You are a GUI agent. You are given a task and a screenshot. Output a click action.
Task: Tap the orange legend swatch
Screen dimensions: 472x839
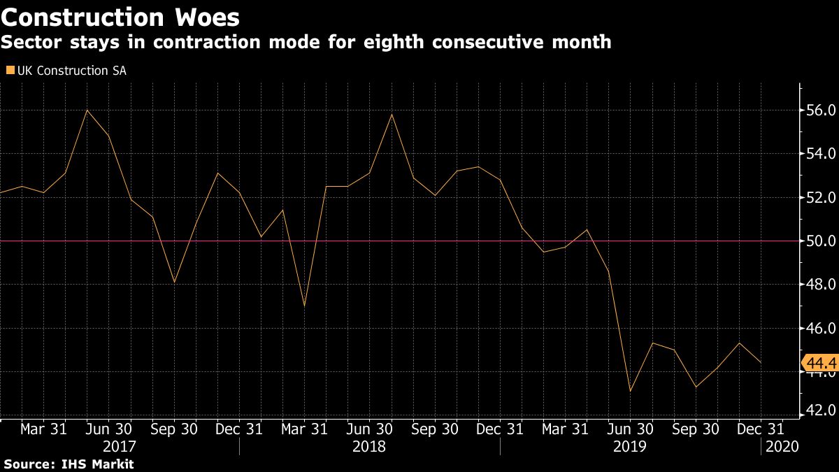tap(9, 70)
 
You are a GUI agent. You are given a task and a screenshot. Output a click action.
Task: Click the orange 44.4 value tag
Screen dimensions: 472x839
tap(818, 364)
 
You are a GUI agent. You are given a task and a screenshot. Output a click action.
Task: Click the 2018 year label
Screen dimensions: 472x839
tap(369, 446)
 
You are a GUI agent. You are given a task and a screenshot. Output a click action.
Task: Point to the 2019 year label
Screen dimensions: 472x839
tap(630, 446)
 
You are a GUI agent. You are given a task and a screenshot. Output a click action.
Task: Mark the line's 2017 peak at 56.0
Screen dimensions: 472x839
tap(87, 110)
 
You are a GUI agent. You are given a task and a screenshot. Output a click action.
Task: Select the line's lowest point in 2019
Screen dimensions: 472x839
tap(631, 391)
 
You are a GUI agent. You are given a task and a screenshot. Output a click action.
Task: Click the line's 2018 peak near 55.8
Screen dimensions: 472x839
tap(391, 114)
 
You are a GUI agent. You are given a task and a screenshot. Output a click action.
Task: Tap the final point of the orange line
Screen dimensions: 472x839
tap(761, 362)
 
